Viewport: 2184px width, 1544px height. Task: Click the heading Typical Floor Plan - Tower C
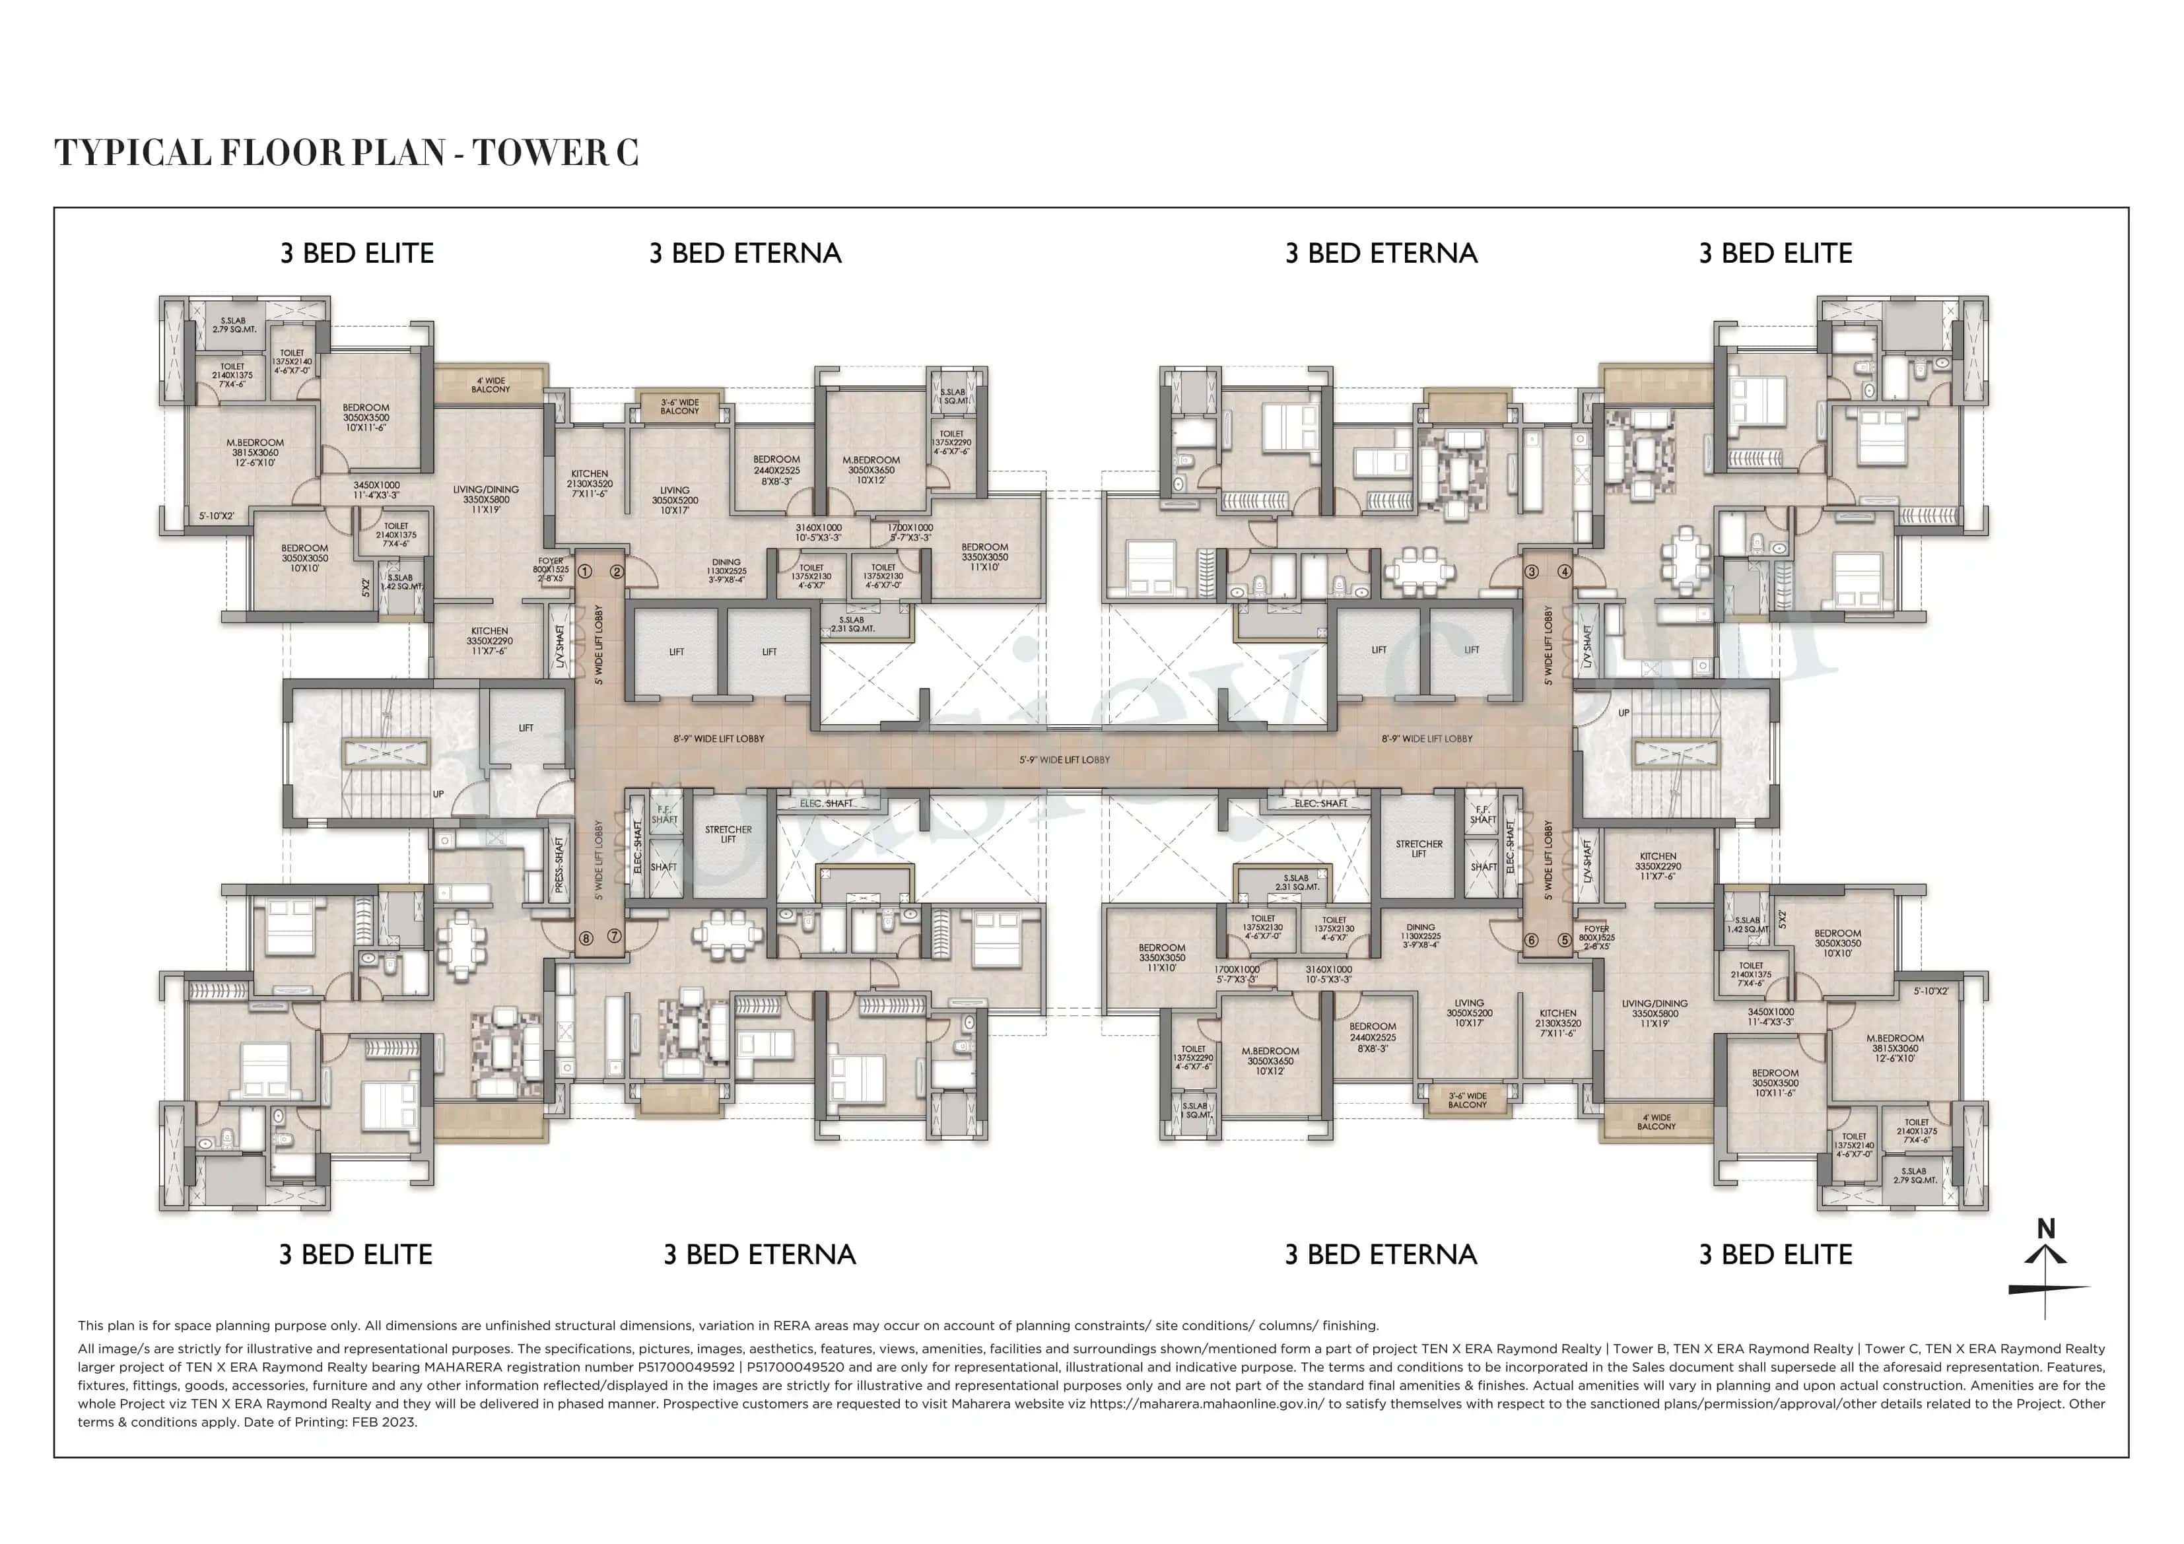(x=346, y=153)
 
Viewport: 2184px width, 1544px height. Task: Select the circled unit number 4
(x=1565, y=572)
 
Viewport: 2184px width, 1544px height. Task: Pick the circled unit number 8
(x=586, y=938)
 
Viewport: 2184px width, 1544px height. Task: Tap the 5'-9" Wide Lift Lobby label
(x=1064, y=760)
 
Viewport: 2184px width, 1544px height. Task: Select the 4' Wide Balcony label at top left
(x=491, y=384)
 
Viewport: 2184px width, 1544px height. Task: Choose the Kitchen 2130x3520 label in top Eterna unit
(x=590, y=483)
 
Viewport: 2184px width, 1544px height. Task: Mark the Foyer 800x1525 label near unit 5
(x=1597, y=938)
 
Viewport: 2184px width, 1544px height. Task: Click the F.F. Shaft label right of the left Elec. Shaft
(x=664, y=815)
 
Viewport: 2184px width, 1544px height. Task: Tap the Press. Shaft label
(x=559, y=864)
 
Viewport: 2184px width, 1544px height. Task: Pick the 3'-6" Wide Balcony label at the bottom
(x=1467, y=1100)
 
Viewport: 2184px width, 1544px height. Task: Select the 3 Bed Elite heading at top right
(x=1775, y=253)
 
